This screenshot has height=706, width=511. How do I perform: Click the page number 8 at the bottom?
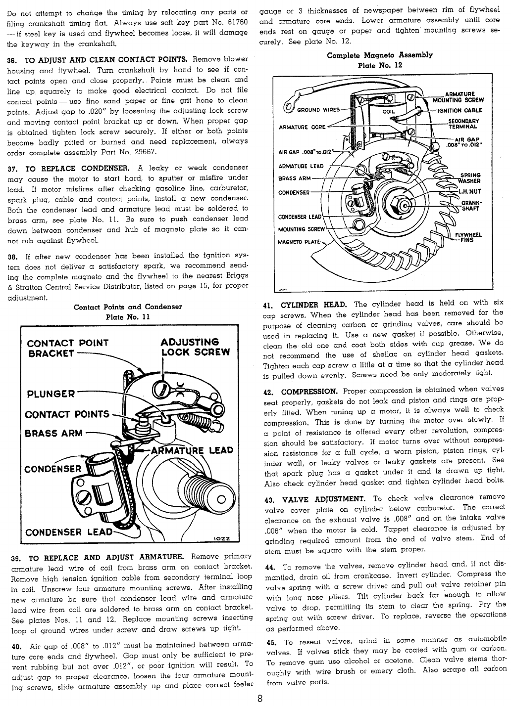pyautogui.click(x=259, y=698)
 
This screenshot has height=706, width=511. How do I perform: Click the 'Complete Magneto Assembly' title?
pyautogui.click(x=380, y=55)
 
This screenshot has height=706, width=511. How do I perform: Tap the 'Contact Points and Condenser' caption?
pyautogui.click(x=128, y=307)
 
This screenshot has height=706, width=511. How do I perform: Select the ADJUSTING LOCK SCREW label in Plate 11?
pyautogui.click(x=196, y=347)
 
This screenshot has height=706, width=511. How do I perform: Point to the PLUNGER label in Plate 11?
pyautogui.click(x=51, y=394)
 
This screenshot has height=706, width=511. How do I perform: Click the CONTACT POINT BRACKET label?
pyautogui.click(x=67, y=348)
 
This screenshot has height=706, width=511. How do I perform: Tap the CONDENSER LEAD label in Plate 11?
pyautogui.click(x=68, y=532)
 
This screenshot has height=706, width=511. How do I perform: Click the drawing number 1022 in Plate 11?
pyautogui.click(x=220, y=538)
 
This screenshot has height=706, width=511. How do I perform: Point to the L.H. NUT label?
pyautogui.click(x=470, y=192)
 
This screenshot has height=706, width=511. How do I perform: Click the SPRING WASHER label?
pyautogui.click(x=470, y=177)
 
